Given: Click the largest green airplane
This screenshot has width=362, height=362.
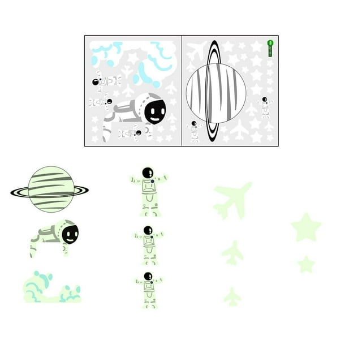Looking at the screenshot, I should point(232,199).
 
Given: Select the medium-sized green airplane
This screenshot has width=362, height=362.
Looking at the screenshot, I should point(232,252).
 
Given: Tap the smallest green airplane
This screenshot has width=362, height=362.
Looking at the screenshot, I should point(232,296).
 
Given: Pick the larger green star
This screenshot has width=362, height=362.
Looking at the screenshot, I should point(306,227).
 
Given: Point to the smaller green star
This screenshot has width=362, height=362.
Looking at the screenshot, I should point(306,264).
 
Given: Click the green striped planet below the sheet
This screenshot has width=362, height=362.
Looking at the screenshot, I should point(51,189).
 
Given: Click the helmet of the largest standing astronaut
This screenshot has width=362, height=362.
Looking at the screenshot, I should point(148,173).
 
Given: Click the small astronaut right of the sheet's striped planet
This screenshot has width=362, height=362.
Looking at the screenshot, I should point(264,107).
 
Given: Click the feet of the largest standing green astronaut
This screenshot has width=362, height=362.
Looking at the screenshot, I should point(150,213).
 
